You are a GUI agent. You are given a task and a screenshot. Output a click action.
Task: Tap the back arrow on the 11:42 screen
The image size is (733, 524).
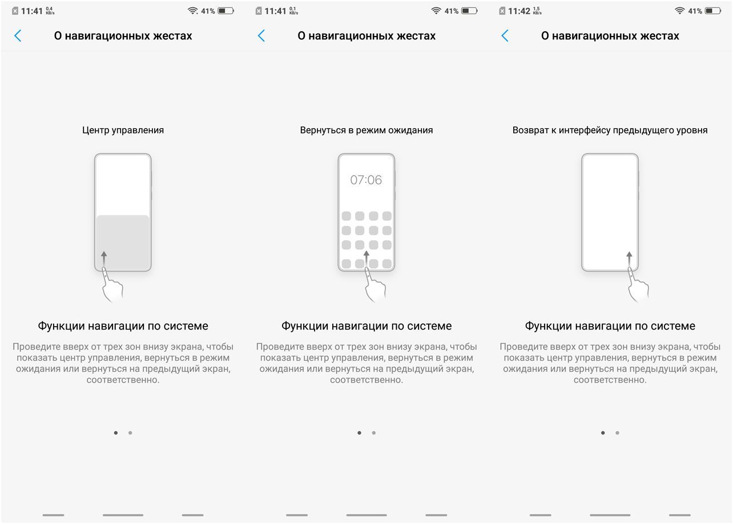pyautogui.click(x=505, y=36)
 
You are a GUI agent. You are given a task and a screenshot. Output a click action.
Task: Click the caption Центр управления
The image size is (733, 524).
pyautogui.click(x=123, y=130)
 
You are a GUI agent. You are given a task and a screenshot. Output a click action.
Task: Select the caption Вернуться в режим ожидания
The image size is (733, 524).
pyautogui.click(x=366, y=130)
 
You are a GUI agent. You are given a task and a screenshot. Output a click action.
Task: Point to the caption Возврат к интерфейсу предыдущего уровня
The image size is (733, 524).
pyautogui.click(x=610, y=130)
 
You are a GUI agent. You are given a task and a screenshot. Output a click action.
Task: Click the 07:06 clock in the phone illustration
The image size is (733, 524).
pyautogui.click(x=366, y=180)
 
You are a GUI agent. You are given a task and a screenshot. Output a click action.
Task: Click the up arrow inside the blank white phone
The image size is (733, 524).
pyautogui.click(x=629, y=259)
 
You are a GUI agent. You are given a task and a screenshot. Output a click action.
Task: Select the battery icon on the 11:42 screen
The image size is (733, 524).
pyautogui.click(x=713, y=11)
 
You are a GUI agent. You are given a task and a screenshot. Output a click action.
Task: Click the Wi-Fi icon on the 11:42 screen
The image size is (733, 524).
pyautogui.click(x=679, y=11)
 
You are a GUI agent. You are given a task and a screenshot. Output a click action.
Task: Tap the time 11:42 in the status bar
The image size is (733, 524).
pyautogui.click(x=519, y=11)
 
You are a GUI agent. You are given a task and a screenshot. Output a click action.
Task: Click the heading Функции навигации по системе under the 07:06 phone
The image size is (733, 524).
pyautogui.click(x=366, y=326)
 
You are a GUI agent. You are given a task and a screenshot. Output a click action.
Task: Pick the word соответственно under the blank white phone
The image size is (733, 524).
pyautogui.click(x=610, y=380)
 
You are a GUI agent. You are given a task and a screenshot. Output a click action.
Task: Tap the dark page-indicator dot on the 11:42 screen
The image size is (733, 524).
pyautogui.click(x=603, y=433)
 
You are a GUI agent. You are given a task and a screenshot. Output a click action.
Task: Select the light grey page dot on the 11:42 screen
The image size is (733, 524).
pyautogui.click(x=617, y=433)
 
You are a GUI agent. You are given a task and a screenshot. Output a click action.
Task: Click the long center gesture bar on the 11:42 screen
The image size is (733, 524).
pyautogui.click(x=610, y=515)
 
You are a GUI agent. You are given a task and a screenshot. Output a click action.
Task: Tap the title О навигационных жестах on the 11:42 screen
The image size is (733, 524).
pyautogui.click(x=610, y=36)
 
